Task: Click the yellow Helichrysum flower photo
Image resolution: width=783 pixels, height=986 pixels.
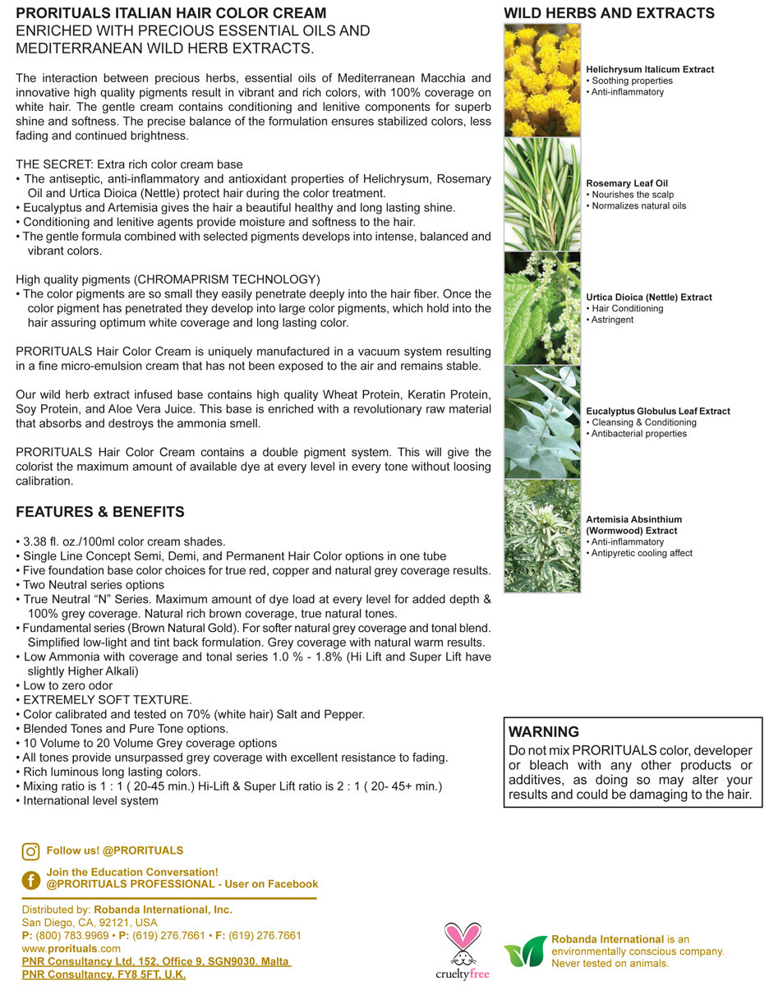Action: (x=542, y=81)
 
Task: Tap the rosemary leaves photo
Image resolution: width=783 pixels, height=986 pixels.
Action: (x=542, y=195)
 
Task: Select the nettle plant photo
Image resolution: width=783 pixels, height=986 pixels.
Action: (x=542, y=308)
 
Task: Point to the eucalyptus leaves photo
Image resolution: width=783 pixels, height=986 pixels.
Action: (x=542, y=422)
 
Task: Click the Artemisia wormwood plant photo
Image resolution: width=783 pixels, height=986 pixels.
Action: (x=542, y=536)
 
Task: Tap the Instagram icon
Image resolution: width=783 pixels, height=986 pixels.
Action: (x=31, y=852)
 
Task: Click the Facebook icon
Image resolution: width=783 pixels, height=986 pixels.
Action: (x=31, y=880)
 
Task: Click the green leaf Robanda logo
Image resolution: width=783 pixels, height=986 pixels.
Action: (x=525, y=951)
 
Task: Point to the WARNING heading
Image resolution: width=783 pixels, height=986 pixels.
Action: (x=544, y=732)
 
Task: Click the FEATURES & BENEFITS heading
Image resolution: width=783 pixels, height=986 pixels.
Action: (x=100, y=512)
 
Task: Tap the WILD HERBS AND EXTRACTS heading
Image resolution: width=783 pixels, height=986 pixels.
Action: (x=609, y=13)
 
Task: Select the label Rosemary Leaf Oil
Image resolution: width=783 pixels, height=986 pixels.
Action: (x=627, y=183)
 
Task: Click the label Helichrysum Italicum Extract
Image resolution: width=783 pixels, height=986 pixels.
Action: (x=650, y=70)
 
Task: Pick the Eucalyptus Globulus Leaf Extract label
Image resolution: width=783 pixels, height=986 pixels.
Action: (x=658, y=411)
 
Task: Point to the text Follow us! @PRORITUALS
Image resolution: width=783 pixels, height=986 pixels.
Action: (x=115, y=850)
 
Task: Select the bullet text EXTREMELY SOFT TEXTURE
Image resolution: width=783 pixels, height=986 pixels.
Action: (x=108, y=700)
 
